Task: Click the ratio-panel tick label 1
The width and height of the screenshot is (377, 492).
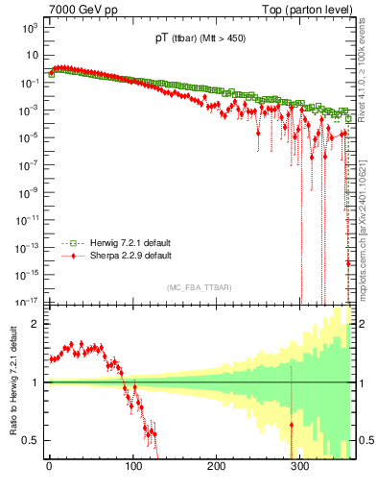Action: [34, 382]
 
